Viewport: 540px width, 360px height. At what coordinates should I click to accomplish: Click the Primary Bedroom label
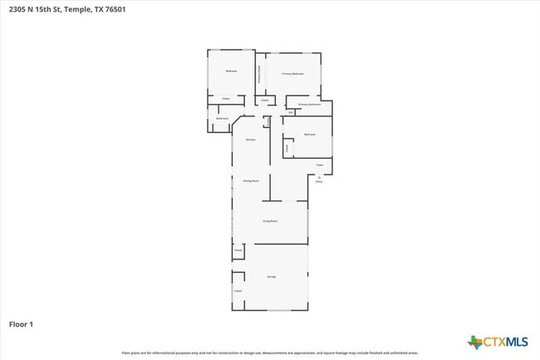coord(292,74)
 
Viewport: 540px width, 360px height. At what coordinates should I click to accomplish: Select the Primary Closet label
coord(259,75)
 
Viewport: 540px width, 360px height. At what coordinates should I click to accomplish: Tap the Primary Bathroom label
coord(309,105)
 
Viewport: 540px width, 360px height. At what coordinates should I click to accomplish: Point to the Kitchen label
coord(250,140)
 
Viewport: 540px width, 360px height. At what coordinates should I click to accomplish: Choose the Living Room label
coord(270,221)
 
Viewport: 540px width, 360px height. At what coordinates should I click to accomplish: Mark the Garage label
coord(272,276)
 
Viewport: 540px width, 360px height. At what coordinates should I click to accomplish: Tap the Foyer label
coord(319,165)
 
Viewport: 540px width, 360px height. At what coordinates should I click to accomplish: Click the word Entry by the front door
coord(319,180)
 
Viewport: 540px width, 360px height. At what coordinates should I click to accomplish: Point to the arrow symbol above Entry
coord(319,175)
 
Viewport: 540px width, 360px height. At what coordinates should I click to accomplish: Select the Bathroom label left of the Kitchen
coord(222,119)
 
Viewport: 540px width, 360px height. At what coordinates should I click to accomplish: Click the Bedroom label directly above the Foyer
coord(309,134)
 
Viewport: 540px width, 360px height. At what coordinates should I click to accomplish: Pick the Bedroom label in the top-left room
coord(231,71)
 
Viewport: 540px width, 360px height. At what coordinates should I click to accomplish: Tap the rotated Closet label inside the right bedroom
coord(287,147)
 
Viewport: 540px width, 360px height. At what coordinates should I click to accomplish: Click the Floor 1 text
coord(21,323)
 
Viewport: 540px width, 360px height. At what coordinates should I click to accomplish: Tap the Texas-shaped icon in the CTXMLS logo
coord(475,341)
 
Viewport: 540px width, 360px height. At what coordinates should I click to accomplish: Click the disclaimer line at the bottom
coord(270,353)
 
